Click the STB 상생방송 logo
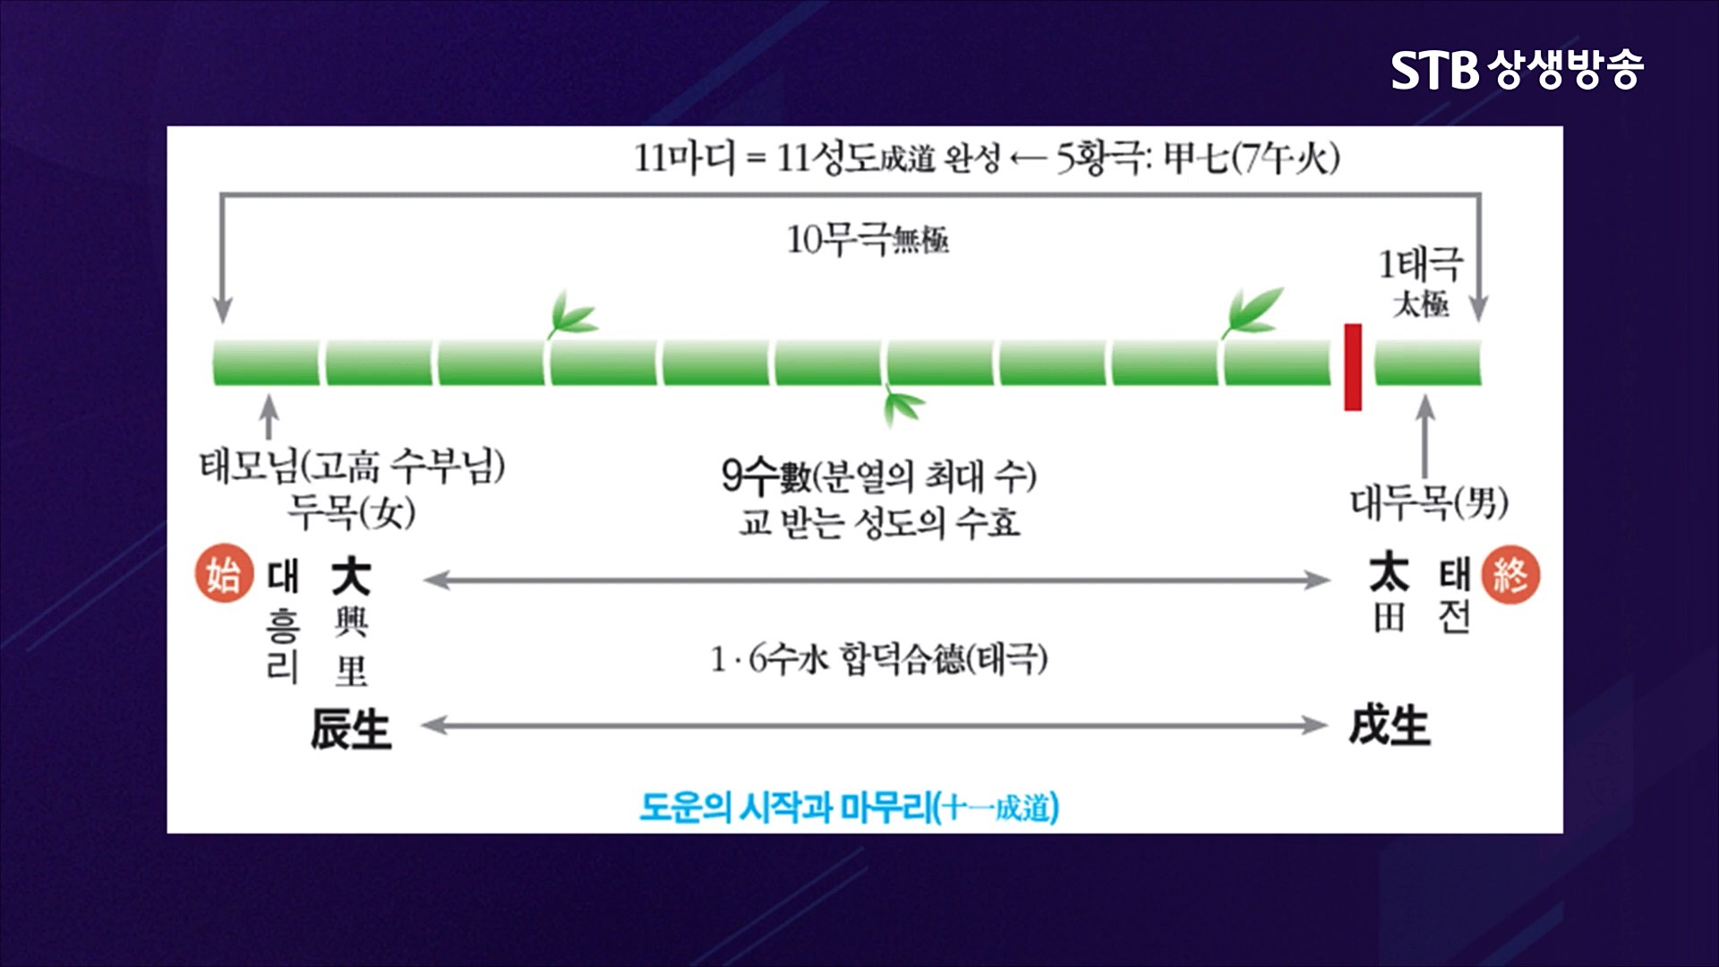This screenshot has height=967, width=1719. pyautogui.click(x=1517, y=69)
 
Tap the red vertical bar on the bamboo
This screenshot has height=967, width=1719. pyautogui.click(x=1353, y=367)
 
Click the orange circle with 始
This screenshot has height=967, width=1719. pyautogui.click(x=220, y=574)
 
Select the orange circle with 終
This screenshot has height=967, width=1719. pyautogui.click(x=1510, y=574)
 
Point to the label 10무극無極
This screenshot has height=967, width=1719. pyautogui.click(x=867, y=239)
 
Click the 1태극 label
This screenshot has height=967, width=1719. pyautogui.click(x=1420, y=265)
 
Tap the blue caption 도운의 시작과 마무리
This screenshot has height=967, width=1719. pyautogui.click(x=849, y=808)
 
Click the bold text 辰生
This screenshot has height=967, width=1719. pyautogui.click(x=351, y=727)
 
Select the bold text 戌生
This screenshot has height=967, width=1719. pyautogui.click(x=1389, y=725)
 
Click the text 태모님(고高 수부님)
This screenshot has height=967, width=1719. pyautogui.click(x=352, y=466)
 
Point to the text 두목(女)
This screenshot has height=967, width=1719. pyautogui.click(x=351, y=512)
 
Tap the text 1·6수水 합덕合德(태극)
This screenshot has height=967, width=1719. pyautogui.click(x=878, y=660)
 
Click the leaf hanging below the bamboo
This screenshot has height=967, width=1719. pyautogui.click(x=902, y=407)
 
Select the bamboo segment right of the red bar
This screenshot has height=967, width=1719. pyautogui.click(x=1428, y=363)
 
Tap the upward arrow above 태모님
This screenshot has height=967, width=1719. pyautogui.click(x=269, y=416)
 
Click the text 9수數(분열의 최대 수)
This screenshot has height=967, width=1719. pyautogui.click(x=878, y=475)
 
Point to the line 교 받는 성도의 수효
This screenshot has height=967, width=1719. pyautogui.click(x=878, y=522)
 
